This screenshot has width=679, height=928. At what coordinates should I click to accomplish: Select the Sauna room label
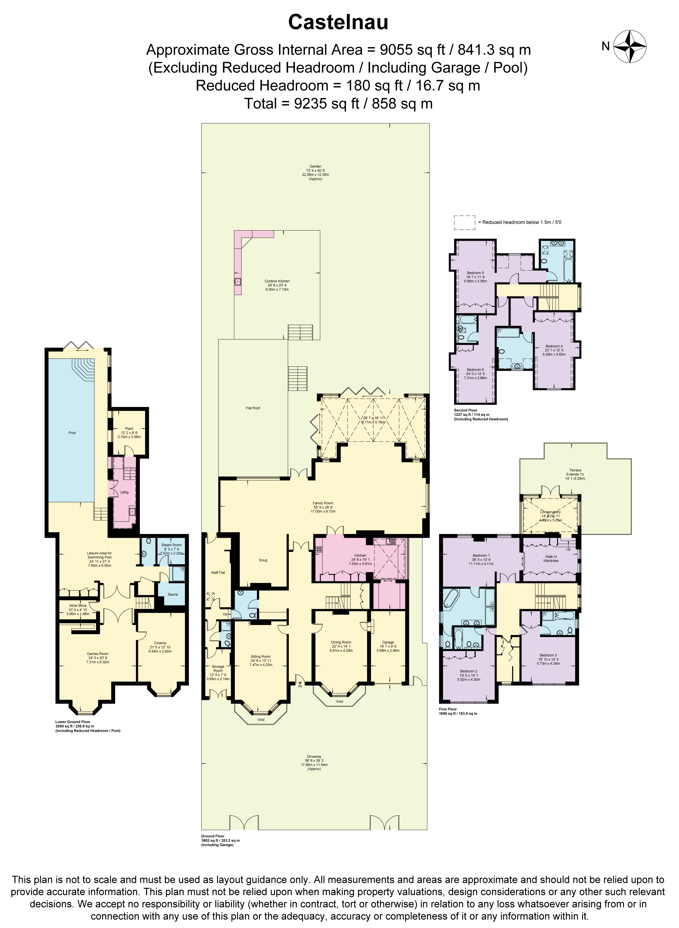click(x=173, y=594)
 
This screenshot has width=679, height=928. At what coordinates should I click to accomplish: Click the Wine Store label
click(x=78, y=606)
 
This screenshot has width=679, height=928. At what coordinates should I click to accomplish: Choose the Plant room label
click(x=129, y=428)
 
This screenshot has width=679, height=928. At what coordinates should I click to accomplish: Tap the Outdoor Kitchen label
click(x=277, y=281)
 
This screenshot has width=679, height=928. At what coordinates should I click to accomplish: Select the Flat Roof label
click(x=253, y=408)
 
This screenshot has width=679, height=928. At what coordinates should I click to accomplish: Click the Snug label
click(x=263, y=560)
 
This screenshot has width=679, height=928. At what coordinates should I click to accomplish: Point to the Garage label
click(x=388, y=642)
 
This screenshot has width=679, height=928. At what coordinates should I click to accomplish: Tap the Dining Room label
click(x=341, y=642)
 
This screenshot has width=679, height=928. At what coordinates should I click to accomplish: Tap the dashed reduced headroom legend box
click(x=465, y=222)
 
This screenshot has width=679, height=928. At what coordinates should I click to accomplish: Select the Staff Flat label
click(x=218, y=572)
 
